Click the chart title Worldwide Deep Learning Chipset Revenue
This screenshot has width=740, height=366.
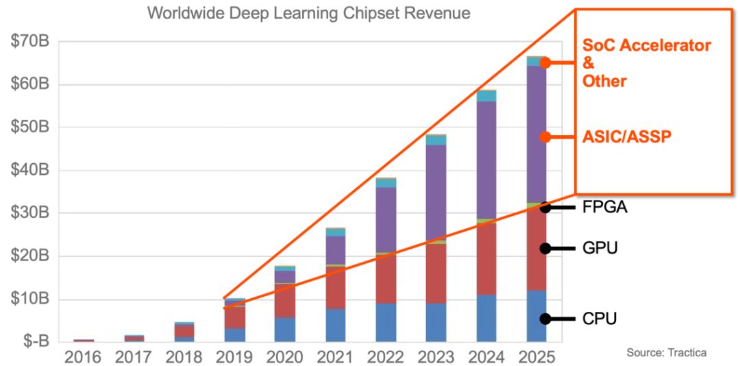point(309,14)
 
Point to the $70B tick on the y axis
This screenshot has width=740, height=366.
point(29,42)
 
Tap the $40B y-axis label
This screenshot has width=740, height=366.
point(29,170)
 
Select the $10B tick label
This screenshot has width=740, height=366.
point(29,299)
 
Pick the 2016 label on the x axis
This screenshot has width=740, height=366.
point(84,357)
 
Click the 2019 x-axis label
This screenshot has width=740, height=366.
point(234,357)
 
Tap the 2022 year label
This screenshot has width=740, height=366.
point(386,357)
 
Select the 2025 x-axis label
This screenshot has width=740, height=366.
point(536,357)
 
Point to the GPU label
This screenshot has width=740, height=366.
point(600,248)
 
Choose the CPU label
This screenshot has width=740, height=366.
point(600,319)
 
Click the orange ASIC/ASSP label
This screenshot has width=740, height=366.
point(626,136)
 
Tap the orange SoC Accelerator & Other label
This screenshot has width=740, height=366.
point(646,63)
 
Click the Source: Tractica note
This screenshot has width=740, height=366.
point(666,352)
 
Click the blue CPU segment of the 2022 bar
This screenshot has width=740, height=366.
point(386,322)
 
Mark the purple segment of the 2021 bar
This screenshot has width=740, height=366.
point(335,249)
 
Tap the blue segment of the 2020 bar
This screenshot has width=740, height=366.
point(285,329)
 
